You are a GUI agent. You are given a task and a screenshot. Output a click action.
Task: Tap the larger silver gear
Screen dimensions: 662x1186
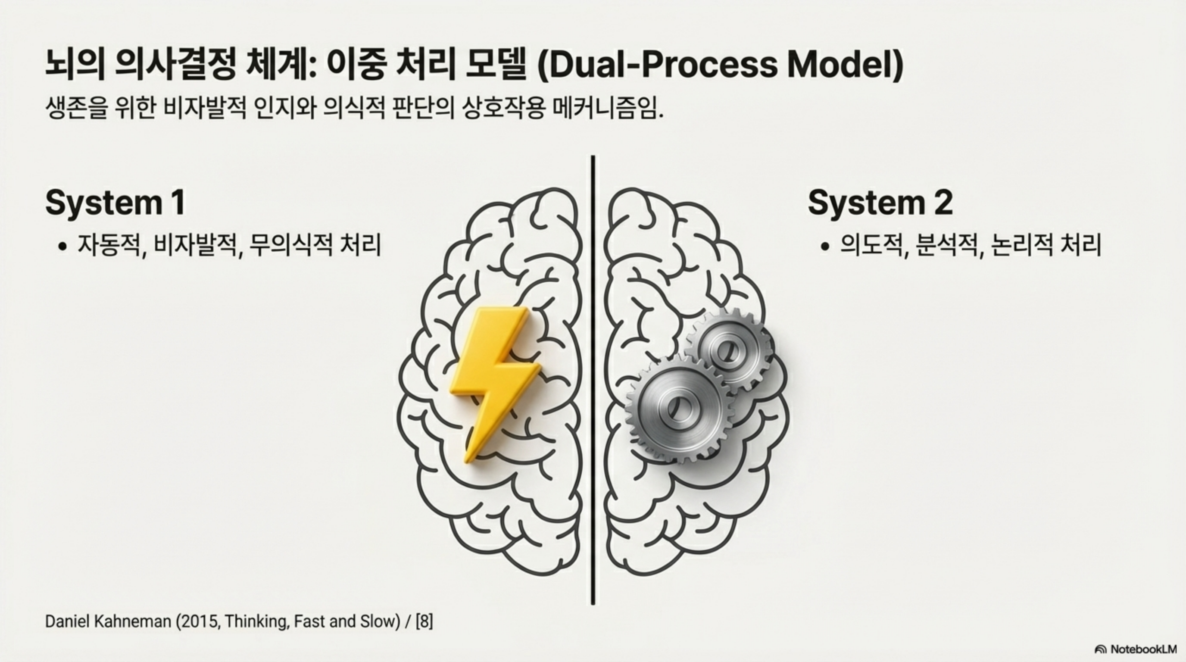pos(676,408)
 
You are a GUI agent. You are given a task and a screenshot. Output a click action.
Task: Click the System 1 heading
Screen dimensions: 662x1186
pos(115,202)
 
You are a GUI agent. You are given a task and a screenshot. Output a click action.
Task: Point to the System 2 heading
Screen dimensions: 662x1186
pos(880,202)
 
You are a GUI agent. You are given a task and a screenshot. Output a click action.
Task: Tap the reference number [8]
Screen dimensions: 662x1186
pos(424,621)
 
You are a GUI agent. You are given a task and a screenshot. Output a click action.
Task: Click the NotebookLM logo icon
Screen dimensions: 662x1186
pos(1100,649)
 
